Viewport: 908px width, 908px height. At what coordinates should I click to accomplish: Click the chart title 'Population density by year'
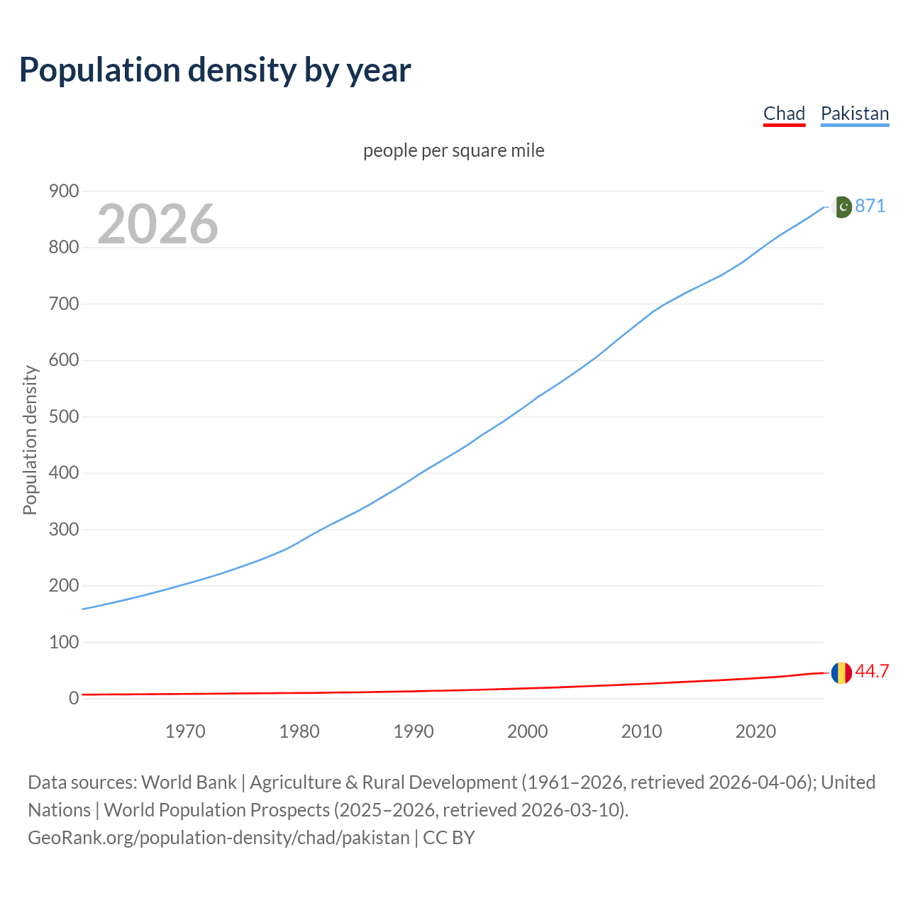(x=215, y=70)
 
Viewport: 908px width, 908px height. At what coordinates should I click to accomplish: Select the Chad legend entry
(x=784, y=113)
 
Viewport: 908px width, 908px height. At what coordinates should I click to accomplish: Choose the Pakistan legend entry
(x=854, y=113)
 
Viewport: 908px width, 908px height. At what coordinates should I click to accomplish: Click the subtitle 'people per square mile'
(x=454, y=150)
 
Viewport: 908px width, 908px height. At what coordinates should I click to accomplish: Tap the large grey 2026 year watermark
(x=157, y=224)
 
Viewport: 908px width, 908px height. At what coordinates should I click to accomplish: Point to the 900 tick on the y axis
(x=64, y=191)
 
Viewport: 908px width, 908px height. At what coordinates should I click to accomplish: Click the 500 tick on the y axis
(x=64, y=416)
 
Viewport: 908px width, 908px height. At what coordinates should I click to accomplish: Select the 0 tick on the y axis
(x=74, y=698)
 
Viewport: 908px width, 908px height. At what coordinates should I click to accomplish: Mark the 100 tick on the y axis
(x=64, y=642)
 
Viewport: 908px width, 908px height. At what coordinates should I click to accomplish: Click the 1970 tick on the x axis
(x=185, y=731)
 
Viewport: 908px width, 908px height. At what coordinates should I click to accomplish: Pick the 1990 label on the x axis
(x=414, y=731)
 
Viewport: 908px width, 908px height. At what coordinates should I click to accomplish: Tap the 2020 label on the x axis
(x=755, y=731)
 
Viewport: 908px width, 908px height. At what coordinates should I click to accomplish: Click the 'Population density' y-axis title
(x=30, y=440)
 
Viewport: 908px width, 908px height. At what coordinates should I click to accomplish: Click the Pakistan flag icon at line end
(x=841, y=206)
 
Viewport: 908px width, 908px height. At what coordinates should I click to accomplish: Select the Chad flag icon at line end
(x=841, y=672)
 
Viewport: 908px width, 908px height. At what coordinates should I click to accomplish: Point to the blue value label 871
(x=870, y=206)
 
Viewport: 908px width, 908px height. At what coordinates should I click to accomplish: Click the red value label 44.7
(x=872, y=671)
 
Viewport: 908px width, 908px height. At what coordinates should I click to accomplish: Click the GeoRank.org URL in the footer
(x=218, y=837)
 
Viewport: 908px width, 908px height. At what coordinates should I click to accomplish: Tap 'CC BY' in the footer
(x=449, y=837)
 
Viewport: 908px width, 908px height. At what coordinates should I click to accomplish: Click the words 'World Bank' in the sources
(x=189, y=782)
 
